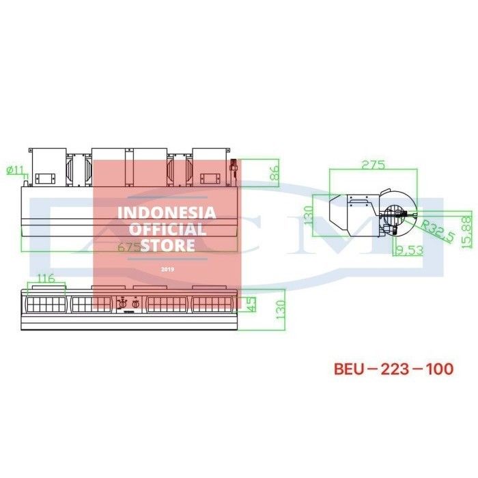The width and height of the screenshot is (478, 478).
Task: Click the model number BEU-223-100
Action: tap(393, 369)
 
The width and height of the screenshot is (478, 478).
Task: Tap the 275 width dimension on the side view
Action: tap(374, 165)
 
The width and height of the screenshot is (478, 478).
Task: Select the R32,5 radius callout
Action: tap(437, 230)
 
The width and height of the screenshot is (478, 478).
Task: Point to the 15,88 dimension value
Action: tap(467, 232)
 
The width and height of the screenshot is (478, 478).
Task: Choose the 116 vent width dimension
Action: tap(46, 278)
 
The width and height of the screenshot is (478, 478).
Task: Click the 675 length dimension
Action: tap(129, 247)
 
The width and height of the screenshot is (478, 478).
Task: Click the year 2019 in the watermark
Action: tap(167, 269)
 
